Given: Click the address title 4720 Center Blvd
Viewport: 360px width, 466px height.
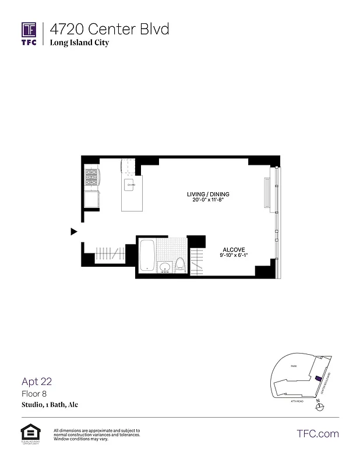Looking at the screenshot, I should [x=110, y=29].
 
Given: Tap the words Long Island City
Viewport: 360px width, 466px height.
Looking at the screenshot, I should [x=79, y=43].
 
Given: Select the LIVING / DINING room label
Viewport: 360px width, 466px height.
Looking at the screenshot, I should [x=208, y=194].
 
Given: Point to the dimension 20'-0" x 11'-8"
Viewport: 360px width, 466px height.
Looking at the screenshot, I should [x=208, y=200].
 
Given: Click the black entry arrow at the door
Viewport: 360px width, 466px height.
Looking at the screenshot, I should [x=73, y=231].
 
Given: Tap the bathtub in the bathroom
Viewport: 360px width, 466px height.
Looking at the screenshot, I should [x=147, y=256].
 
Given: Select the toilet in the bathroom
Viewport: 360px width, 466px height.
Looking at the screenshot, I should [x=180, y=265].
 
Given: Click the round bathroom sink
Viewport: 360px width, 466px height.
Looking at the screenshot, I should [x=165, y=268].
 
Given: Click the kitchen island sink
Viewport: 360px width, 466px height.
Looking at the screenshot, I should [x=131, y=185].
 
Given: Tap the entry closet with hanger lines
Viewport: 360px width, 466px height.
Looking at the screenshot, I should [x=110, y=253].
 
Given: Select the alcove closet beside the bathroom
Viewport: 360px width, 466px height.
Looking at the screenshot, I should [x=196, y=260].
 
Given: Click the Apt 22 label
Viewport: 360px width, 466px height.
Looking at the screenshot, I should [x=37, y=382].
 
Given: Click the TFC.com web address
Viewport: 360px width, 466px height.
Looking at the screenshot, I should [x=317, y=433].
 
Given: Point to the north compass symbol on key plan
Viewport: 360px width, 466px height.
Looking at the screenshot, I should [x=318, y=407].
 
